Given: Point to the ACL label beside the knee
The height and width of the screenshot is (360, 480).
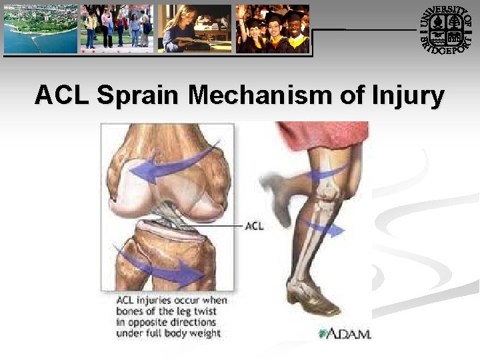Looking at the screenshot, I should [x=254, y=225].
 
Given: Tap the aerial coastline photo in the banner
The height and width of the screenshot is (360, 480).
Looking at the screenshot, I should [x=39, y=29].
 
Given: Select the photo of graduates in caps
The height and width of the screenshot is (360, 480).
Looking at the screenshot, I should [x=273, y=29].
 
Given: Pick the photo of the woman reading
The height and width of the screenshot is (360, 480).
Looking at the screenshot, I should [x=195, y=29].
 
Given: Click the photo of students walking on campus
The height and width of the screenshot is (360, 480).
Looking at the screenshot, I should [x=117, y=29].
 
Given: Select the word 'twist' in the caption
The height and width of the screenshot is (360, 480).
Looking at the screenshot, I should [x=212, y=311].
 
